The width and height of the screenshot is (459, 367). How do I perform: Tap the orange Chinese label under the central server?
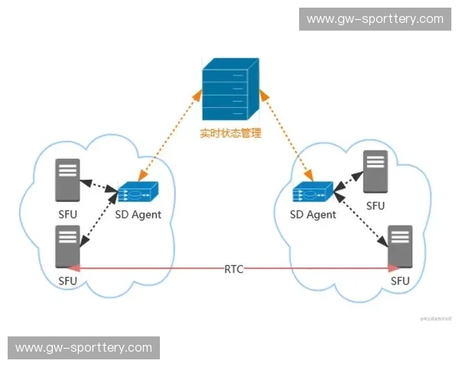click(230, 133)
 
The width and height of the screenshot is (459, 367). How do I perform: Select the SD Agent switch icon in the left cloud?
click(138, 193)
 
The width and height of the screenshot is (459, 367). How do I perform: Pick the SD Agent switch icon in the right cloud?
click(313, 193)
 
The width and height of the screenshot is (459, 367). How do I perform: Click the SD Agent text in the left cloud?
click(138, 215)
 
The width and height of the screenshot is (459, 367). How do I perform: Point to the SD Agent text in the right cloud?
click(313, 215)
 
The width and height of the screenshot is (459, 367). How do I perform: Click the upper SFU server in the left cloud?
click(67, 179)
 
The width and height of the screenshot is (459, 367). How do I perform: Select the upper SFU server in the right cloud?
click(375, 172)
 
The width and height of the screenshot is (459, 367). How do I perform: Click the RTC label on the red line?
click(234, 269)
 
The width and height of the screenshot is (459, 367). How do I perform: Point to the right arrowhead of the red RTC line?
click(395, 268)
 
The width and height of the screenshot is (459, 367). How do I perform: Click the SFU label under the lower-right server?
click(400, 281)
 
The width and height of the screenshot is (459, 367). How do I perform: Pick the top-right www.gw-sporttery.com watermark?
click(375, 18)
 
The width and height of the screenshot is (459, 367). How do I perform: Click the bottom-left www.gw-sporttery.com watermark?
click(84, 348)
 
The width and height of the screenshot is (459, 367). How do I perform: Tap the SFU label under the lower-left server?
click(67, 281)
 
